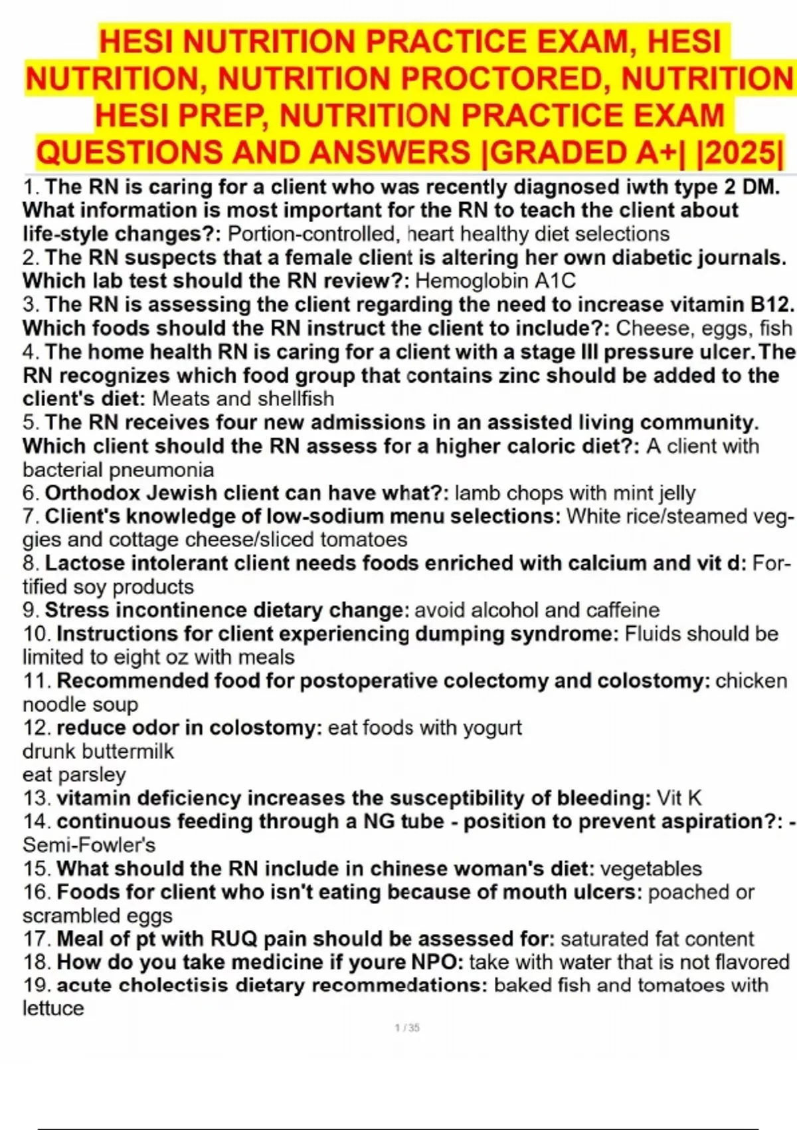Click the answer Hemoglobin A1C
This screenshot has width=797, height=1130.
[x=495, y=281]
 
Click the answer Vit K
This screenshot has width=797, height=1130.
[x=679, y=798]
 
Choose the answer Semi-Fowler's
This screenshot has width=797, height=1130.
[x=89, y=845]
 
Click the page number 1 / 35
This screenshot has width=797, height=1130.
[x=407, y=1028]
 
